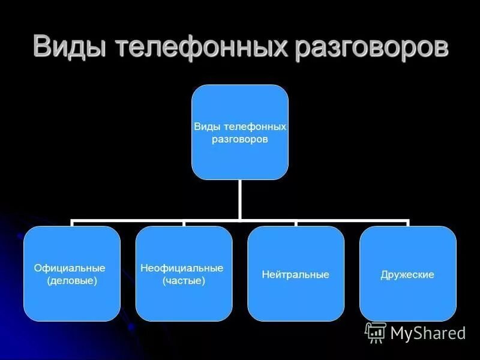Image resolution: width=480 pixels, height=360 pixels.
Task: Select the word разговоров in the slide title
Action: (370, 47)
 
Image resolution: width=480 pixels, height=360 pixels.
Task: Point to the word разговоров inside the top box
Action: (240, 139)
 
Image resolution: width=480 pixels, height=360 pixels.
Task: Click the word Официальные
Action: (70, 268)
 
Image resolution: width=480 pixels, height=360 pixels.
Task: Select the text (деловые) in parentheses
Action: (72, 280)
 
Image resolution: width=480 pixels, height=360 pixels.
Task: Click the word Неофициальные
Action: (182, 268)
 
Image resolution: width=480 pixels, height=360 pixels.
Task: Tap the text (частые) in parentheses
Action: (184, 280)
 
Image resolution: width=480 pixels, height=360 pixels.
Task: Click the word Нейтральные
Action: (296, 275)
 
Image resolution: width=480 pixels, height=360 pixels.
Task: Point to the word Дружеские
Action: (407, 275)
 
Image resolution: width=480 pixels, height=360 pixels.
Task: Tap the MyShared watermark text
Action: (428, 333)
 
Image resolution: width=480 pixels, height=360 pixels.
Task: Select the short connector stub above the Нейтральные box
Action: (296, 224)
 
